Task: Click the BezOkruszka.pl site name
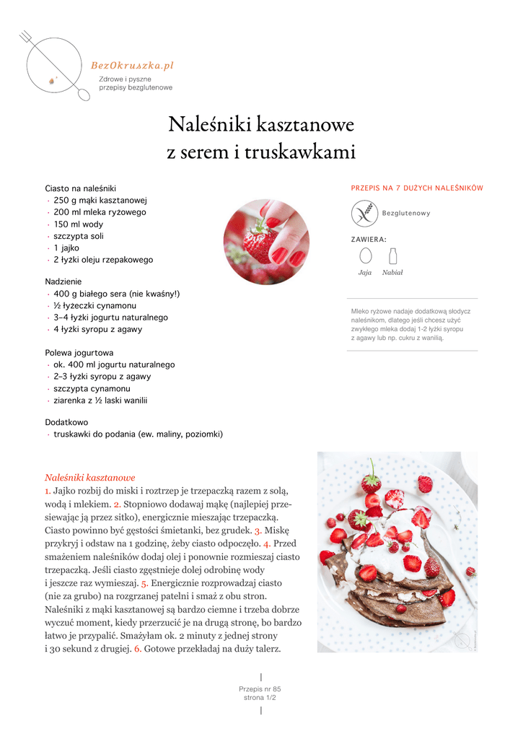[x=132, y=66]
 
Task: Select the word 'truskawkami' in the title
[x=301, y=152]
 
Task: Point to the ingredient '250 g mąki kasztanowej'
[x=100, y=200]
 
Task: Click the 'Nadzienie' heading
[x=63, y=281]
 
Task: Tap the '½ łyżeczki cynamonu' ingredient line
[x=95, y=305]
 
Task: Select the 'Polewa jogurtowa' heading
[x=79, y=353]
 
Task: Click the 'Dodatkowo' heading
[x=66, y=422]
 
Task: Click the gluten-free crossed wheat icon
[x=364, y=213]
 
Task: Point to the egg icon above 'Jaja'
[x=365, y=255]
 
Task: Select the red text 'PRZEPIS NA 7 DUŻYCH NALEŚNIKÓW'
[x=417, y=188]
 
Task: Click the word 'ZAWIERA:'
[x=369, y=239]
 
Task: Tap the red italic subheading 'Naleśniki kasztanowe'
[x=90, y=478]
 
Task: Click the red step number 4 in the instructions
[x=266, y=543]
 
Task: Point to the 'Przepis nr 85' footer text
[x=260, y=689]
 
